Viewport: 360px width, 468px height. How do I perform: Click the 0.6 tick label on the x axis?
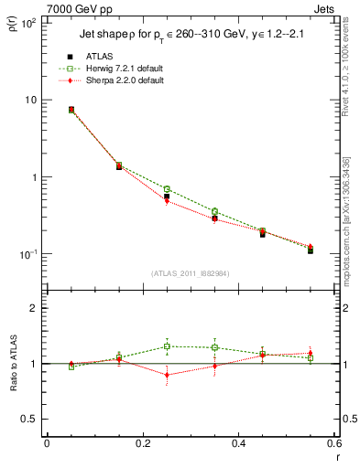tap(333, 444)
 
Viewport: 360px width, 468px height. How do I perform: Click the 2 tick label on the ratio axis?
tap(34, 308)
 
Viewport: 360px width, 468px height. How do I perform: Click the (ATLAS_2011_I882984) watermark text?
tap(191, 272)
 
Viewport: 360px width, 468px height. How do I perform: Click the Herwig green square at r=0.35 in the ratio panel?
tap(214, 347)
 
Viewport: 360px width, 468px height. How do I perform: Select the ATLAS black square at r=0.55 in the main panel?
tap(311, 250)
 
